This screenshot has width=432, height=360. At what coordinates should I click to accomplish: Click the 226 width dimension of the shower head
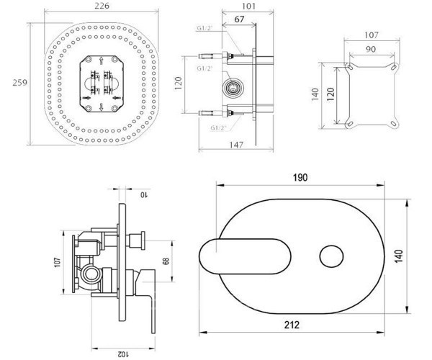coord(102,6)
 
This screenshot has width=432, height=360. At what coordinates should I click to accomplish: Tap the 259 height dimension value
coord(20,82)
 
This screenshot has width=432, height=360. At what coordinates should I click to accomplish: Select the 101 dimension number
coord(248,6)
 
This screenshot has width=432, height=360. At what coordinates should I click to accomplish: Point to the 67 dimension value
coord(239,19)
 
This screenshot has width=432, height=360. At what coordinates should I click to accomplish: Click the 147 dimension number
coord(236,145)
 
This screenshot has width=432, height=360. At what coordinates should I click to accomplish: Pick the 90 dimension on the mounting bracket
coord(371,49)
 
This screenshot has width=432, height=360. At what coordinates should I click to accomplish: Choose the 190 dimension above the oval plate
coord(300,178)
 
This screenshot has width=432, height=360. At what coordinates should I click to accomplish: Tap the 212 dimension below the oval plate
coord(292,325)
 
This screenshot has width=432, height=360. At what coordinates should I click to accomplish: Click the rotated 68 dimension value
coord(166,261)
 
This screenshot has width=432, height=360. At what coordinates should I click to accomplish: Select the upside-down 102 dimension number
coord(124,354)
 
